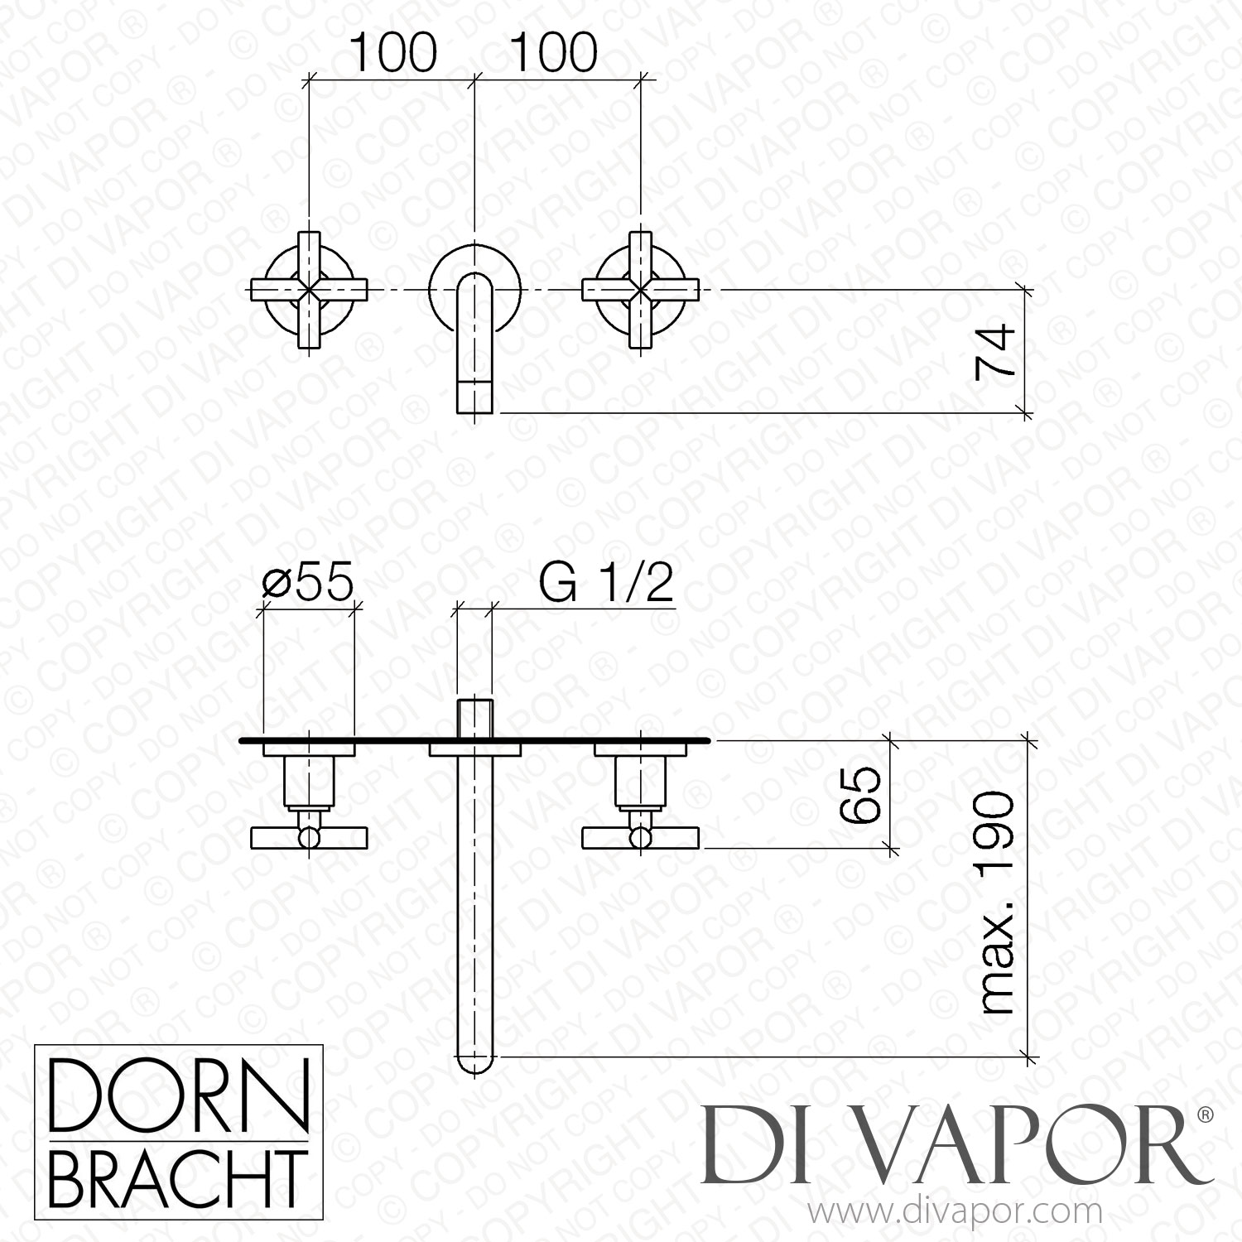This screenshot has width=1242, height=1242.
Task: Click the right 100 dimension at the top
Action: coord(554,54)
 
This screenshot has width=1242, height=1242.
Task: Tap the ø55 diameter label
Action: coord(307,582)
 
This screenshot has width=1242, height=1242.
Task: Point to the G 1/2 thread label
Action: coord(606,585)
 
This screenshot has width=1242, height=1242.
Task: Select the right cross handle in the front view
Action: coord(643,290)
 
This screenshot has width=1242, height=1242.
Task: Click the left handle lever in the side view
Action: coord(309,839)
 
